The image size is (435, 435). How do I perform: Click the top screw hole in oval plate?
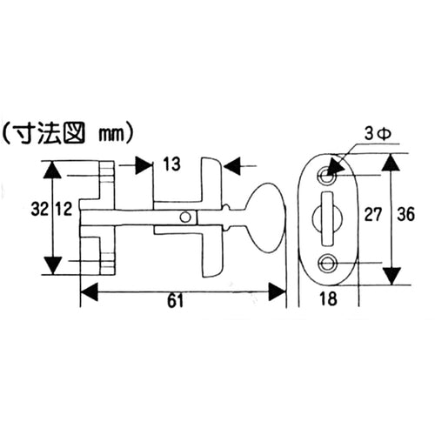[328, 174]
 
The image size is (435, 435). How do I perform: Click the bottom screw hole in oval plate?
[328, 263]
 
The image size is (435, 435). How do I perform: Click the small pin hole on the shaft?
[184, 217]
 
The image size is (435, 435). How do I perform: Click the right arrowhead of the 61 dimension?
[281, 291]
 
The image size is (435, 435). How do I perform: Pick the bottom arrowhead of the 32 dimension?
[56, 264]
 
